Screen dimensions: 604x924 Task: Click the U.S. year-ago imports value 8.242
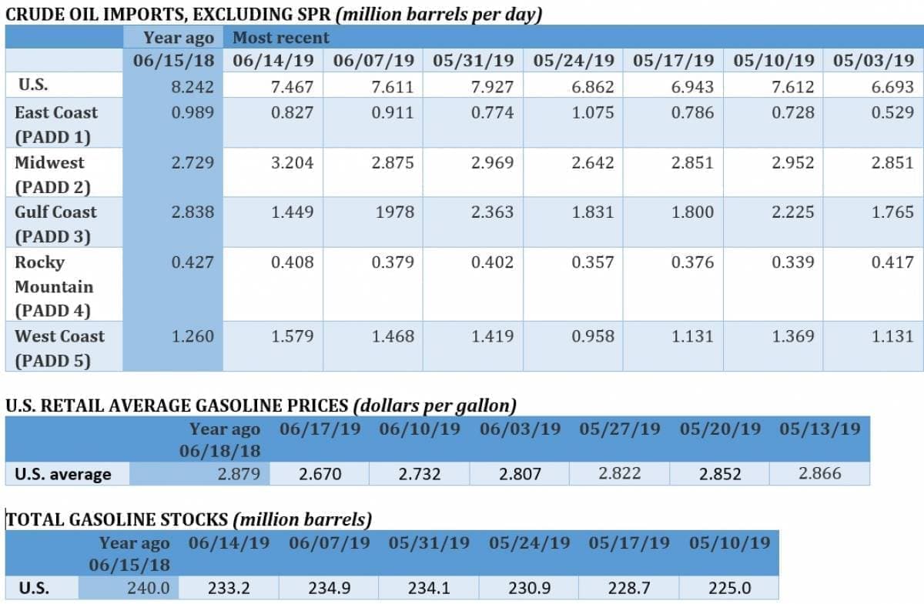click(x=192, y=87)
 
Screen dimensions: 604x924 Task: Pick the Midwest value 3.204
click(x=293, y=162)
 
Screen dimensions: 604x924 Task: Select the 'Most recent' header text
click(x=280, y=38)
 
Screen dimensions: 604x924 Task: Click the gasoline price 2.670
click(x=320, y=474)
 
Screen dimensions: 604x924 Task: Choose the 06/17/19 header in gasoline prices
click(x=320, y=429)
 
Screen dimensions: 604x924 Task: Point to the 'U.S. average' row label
click(x=62, y=474)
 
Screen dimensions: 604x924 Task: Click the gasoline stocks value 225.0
click(x=729, y=589)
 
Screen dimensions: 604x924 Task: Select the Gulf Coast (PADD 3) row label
click(x=55, y=224)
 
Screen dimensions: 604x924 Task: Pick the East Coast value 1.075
click(x=593, y=112)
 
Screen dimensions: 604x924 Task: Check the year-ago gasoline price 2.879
click(x=239, y=474)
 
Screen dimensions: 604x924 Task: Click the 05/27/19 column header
click(x=620, y=429)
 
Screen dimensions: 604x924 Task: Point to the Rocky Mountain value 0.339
click(x=792, y=262)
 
